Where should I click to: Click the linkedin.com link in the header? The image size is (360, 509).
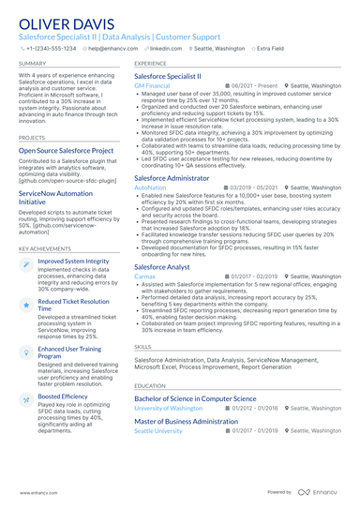165,48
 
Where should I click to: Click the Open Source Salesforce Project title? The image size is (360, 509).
65,150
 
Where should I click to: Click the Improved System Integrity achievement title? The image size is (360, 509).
73,262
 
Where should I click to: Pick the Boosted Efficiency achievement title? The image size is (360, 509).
63,423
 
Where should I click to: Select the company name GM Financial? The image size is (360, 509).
152,85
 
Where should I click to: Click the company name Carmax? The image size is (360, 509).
145,250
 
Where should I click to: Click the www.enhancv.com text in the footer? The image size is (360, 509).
33,491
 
